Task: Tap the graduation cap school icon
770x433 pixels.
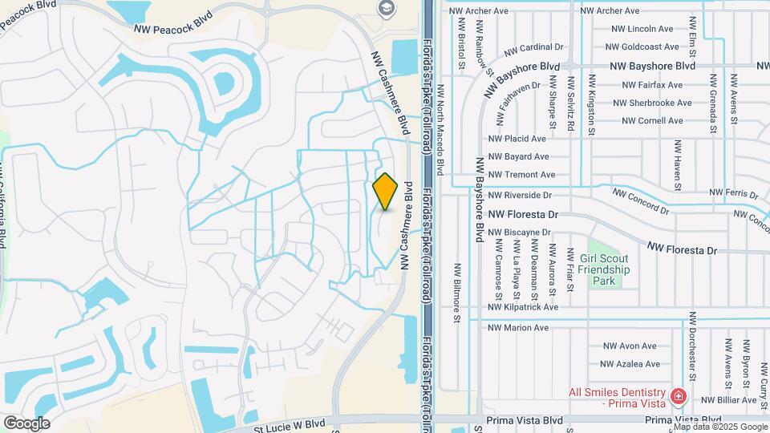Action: click(x=387, y=7)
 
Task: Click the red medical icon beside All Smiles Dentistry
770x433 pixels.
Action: click(x=679, y=395)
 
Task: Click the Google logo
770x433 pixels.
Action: click(x=26, y=423)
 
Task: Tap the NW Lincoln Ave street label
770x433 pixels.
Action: click(x=642, y=29)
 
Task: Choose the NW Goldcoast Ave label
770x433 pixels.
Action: click(x=645, y=47)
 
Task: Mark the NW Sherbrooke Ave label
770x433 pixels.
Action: click(x=652, y=103)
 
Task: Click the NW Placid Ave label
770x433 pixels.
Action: click(x=517, y=139)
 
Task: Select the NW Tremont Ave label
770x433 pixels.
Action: click(x=521, y=175)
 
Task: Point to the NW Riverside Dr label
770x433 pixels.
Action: click(x=521, y=195)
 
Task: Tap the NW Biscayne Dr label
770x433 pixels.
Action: click(x=520, y=233)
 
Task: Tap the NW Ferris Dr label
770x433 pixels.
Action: click(x=735, y=193)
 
